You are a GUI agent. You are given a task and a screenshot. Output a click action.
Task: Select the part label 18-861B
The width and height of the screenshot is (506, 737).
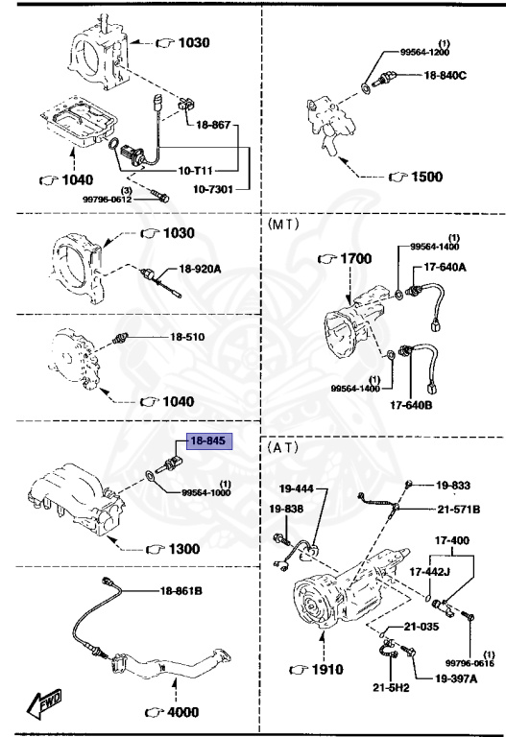pyautogui.click(x=181, y=591)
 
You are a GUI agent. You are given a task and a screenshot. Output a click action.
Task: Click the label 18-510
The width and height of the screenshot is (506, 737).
pyautogui.click(x=188, y=337)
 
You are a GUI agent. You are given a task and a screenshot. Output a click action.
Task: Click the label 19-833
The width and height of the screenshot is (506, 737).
pyautogui.click(x=454, y=486)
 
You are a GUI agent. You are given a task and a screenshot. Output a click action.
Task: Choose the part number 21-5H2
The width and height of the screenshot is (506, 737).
pyautogui.click(x=389, y=687)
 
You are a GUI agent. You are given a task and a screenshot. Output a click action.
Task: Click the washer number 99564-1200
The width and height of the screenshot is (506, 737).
pyautogui.click(x=423, y=55)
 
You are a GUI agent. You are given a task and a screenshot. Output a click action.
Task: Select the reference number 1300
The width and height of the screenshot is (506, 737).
pyautogui.click(x=181, y=549)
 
